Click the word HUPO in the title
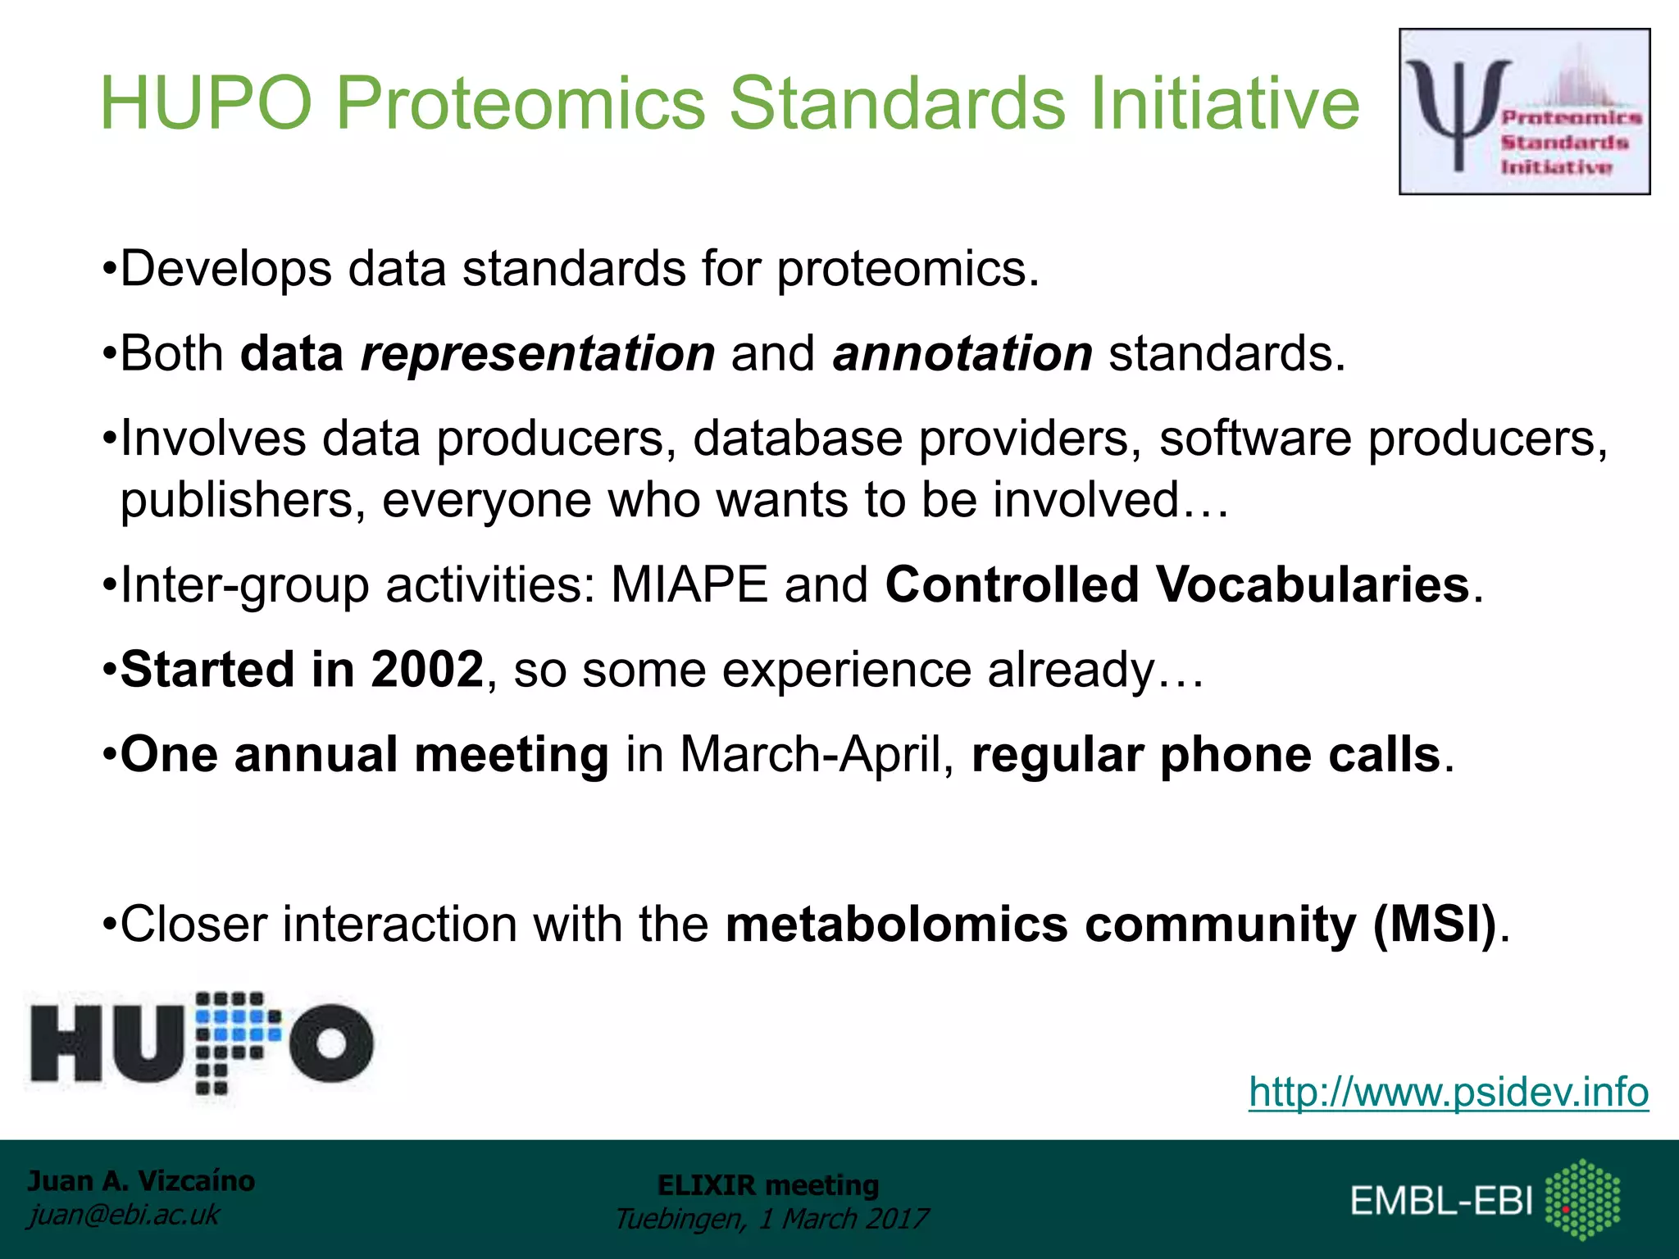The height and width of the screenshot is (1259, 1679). (x=206, y=104)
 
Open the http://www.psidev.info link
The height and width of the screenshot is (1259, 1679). (x=1449, y=1092)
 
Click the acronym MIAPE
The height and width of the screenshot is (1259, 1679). (x=689, y=585)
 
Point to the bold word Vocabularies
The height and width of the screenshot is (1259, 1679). (x=1313, y=585)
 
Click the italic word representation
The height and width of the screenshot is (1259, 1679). (x=538, y=354)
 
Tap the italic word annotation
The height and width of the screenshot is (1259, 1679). (x=962, y=354)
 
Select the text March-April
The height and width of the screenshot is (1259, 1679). (x=809, y=755)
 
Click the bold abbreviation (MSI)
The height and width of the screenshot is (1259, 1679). (x=1436, y=925)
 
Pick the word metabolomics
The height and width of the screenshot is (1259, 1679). (x=896, y=925)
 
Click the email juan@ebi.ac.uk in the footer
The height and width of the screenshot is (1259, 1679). (x=124, y=1215)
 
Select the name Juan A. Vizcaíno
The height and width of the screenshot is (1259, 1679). (x=141, y=1181)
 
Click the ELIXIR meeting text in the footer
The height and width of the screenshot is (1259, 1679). (x=768, y=1185)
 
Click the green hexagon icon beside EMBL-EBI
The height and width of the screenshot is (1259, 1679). (x=1582, y=1199)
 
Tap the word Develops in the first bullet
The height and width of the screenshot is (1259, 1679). (x=225, y=269)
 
